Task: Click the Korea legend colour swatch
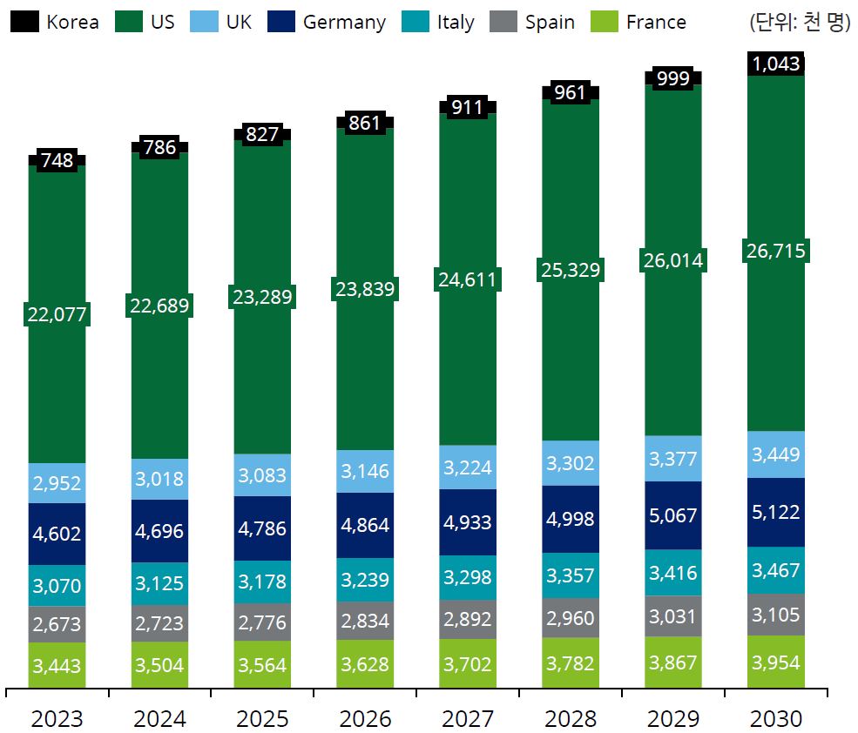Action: pos(24,22)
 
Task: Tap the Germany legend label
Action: pos(344,22)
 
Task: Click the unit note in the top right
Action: pos(799,22)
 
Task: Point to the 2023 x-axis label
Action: pos(57,718)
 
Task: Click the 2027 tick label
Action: pos(468,718)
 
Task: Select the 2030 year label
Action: pos(775,718)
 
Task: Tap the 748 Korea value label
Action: pos(57,160)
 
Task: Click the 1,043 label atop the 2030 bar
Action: pos(775,64)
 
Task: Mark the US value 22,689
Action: pos(160,306)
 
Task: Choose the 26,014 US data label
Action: pos(673,260)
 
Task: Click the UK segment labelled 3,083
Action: pos(263,475)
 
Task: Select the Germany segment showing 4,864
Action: pos(365,525)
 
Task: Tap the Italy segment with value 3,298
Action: pos(468,576)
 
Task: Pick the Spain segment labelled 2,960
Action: pos(571,618)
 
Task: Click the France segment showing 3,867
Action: pos(673,662)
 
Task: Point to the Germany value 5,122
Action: pos(775,512)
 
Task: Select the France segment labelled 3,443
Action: pos(57,666)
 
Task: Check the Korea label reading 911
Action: pos(468,108)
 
